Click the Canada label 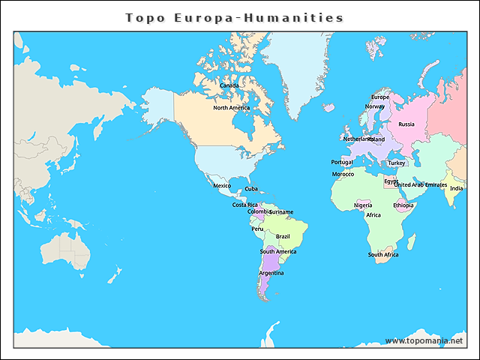coord(229,85)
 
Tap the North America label coord(231,108)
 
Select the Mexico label coord(222,185)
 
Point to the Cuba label coord(251,189)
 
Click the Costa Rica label coord(244,205)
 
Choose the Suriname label coord(281,212)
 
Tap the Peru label coord(257,229)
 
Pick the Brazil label coord(283,236)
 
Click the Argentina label coord(271,273)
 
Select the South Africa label coord(383,255)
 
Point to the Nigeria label coord(363,205)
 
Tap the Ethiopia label coord(403,205)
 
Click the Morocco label coord(343,175)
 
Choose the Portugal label coord(341,162)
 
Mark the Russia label coord(406,124)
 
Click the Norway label coord(374,106)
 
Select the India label coord(456,188)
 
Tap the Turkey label coord(396,163)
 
